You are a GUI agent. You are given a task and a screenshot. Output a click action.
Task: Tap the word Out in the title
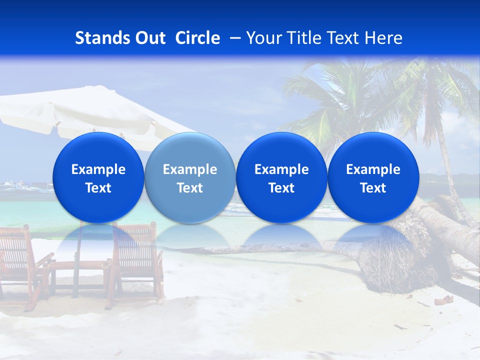pyautogui.click(x=148, y=38)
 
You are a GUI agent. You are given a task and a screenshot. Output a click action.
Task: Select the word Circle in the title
pyautogui.click(x=197, y=38)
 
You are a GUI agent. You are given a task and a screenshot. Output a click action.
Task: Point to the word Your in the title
pyautogui.click(x=264, y=38)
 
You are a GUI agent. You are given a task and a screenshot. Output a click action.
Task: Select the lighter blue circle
pyautogui.click(x=190, y=177)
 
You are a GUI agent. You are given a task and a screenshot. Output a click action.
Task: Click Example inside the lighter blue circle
pyautogui.click(x=190, y=169)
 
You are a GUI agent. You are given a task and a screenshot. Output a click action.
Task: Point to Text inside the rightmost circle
pyautogui.click(x=373, y=188)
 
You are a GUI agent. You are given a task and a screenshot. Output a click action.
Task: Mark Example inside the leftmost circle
pyautogui.click(x=98, y=169)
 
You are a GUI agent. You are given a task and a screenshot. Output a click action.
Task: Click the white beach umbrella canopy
pyautogui.click(x=75, y=112)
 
